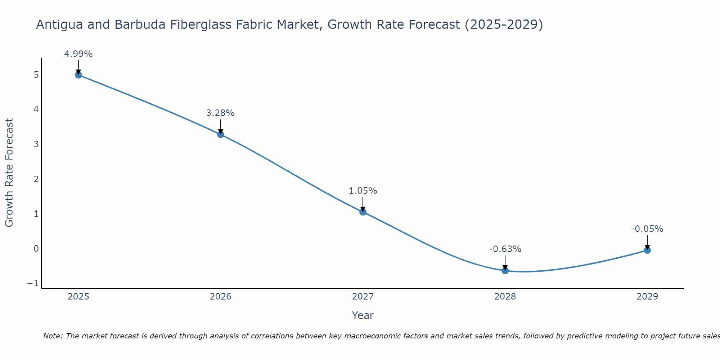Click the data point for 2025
point(78,75)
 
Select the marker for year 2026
point(221,135)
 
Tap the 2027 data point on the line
point(363,212)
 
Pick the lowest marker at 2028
point(505,271)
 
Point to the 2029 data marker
point(647,250)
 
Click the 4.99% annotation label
point(78,54)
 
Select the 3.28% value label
point(220,113)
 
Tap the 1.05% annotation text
point(363,191)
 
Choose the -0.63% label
point(505,249)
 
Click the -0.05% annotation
point(647,229)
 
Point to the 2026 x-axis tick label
point(221,297)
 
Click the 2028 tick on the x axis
point(505,297)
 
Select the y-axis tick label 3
point(36,144)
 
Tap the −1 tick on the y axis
point(33,283)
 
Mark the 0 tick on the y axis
point(36,248)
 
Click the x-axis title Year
point(363,315)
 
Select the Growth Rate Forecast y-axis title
point(9,173)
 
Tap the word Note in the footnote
point(53,336)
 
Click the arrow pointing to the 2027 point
point(363,204)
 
